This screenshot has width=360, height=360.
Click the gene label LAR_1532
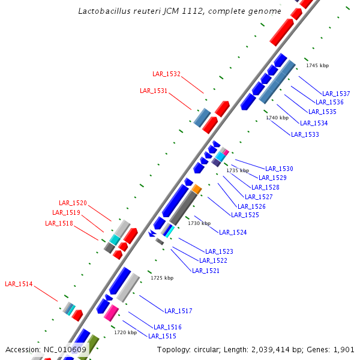pyautogui.click(x=166, y=74)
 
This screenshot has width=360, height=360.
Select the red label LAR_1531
pyautogui.click(x=154, y=91)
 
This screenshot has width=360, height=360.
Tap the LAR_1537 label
pyautogui.click(x=336, y=93)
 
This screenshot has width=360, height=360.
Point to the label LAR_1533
pyautogui.click(x=305, y=134)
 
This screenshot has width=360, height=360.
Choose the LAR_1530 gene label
pyautogui.click(x=279, y=169)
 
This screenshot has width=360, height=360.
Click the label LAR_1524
pyautogui.click(x=233, y=232)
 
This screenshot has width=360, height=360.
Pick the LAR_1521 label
pyautogui.click(x=206, y=271)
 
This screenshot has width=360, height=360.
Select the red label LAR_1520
pyautogui.click(x=73, y=203)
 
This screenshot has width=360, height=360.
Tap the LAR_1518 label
pyautogui.click(x=59, y=223)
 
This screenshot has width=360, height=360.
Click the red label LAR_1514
pyautogui.click(x=19, y=284)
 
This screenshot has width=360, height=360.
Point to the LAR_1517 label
pyautogui.click(x=178, y=311)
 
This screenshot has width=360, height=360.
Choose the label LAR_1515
pyautogui.click(x=162, y=336)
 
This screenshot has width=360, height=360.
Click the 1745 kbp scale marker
pyautogui.click(x=317, y=65)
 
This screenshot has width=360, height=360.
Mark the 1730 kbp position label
pyautogui.click(x=199, y=223)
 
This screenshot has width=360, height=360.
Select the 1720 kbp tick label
pyautogui.click(x=125, y=332)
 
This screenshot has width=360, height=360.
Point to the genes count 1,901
pyautogui.click(x=344, y=350)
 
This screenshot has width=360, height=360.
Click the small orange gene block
pyautogui.click(x=196, y=189)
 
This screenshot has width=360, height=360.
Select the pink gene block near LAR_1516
pyautogui.click(x=110, y=313)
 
